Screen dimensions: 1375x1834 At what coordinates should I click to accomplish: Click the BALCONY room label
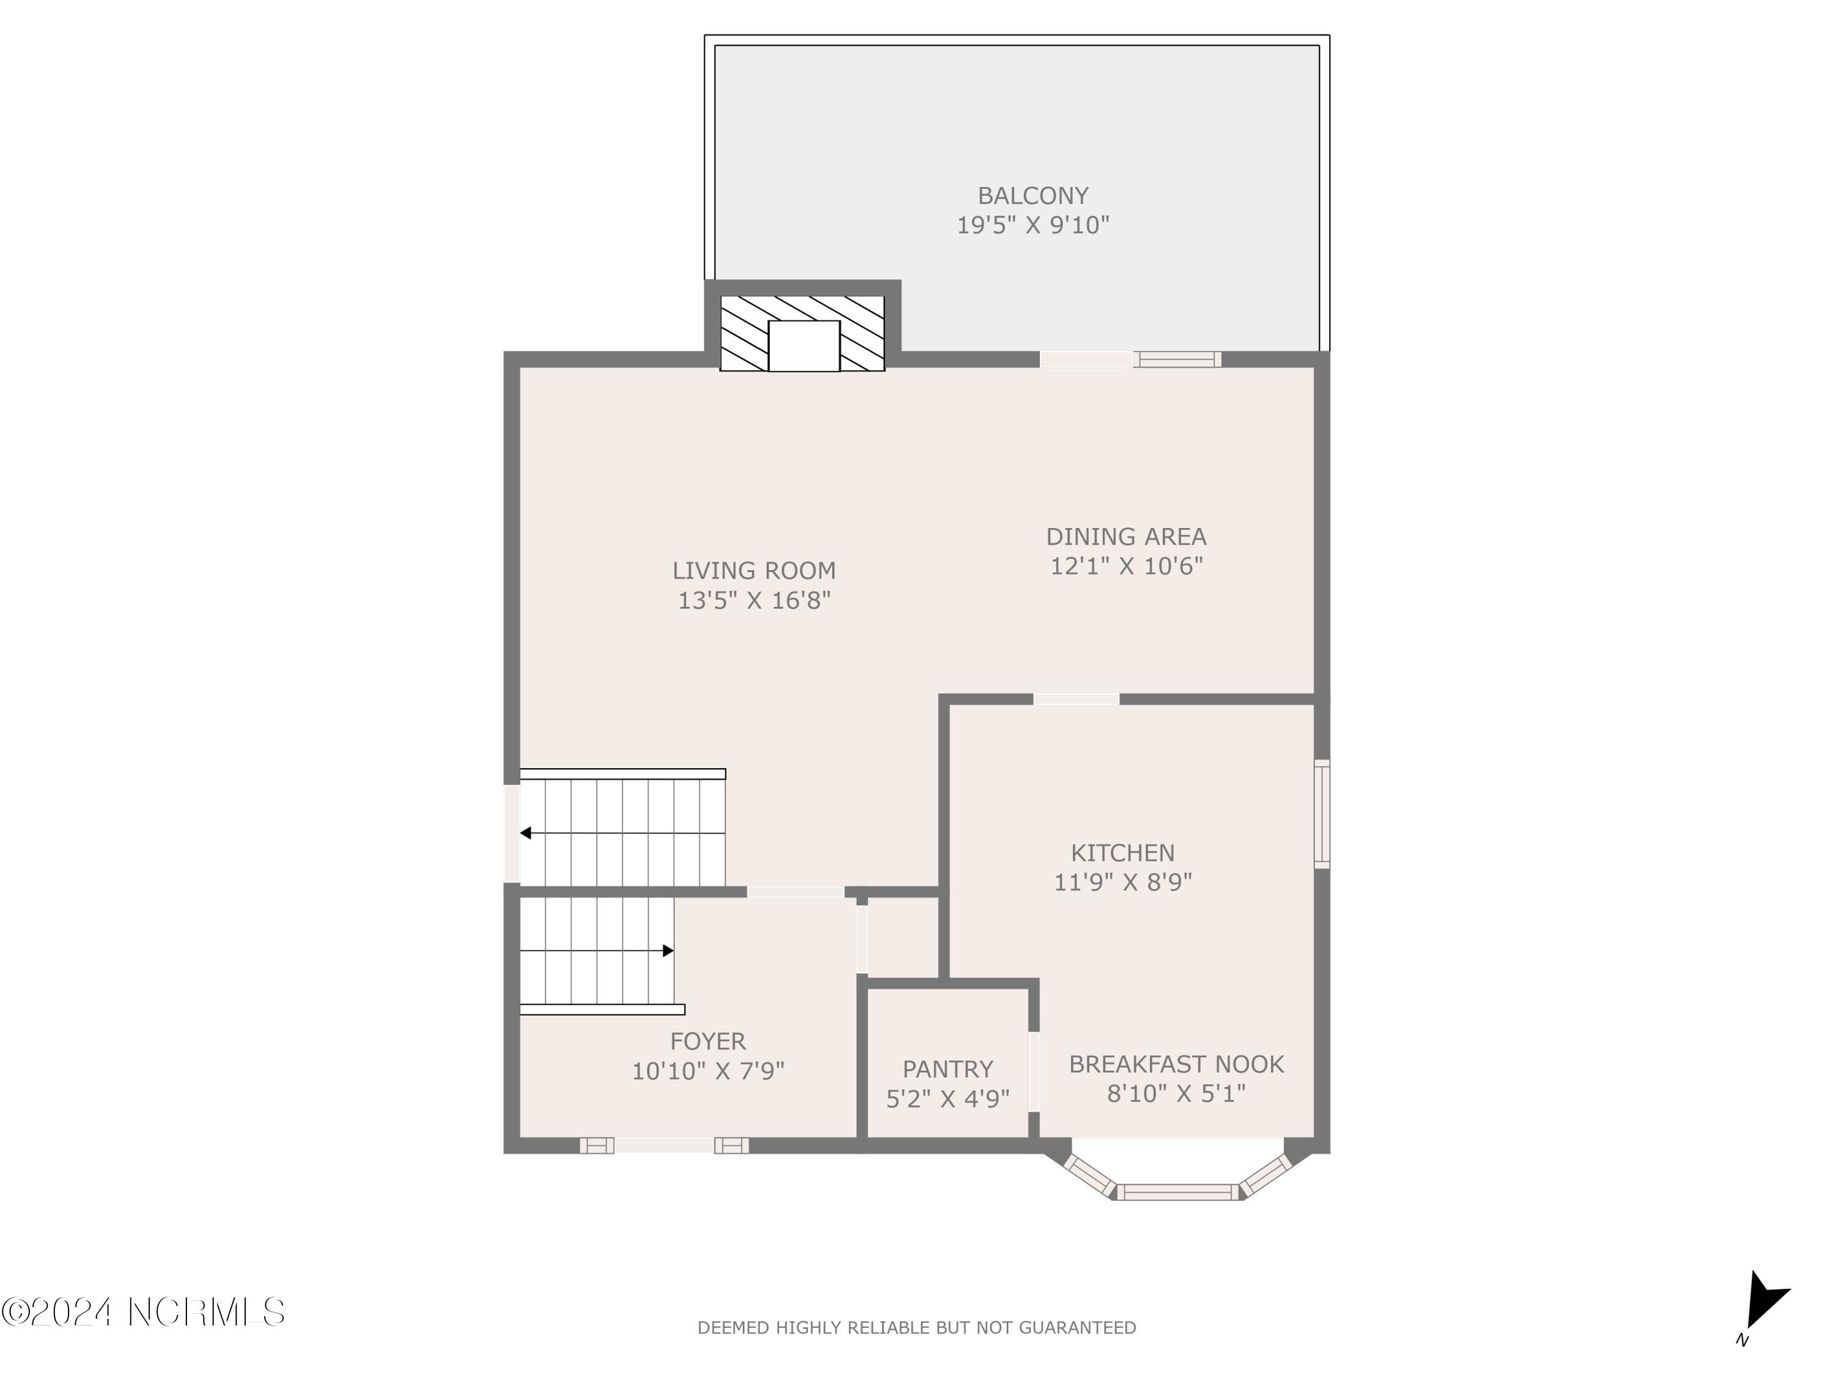1033,196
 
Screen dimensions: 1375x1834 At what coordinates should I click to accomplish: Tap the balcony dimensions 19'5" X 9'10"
1033,226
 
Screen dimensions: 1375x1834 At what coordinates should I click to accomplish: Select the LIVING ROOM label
754,570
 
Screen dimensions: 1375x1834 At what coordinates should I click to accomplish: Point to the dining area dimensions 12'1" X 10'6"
1126,566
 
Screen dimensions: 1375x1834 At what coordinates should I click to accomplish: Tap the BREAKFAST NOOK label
1176,1063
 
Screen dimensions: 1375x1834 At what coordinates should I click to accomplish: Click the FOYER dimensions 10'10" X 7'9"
707,1071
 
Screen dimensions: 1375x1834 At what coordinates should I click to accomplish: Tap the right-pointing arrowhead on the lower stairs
668,951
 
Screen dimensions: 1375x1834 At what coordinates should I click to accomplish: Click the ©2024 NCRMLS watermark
142,1312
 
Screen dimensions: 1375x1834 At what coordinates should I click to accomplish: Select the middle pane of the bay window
1177,1192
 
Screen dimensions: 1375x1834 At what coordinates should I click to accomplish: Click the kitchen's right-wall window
1322,814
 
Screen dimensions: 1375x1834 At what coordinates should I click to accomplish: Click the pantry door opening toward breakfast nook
1033,1071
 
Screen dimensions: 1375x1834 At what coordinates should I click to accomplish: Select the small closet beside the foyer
902,937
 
